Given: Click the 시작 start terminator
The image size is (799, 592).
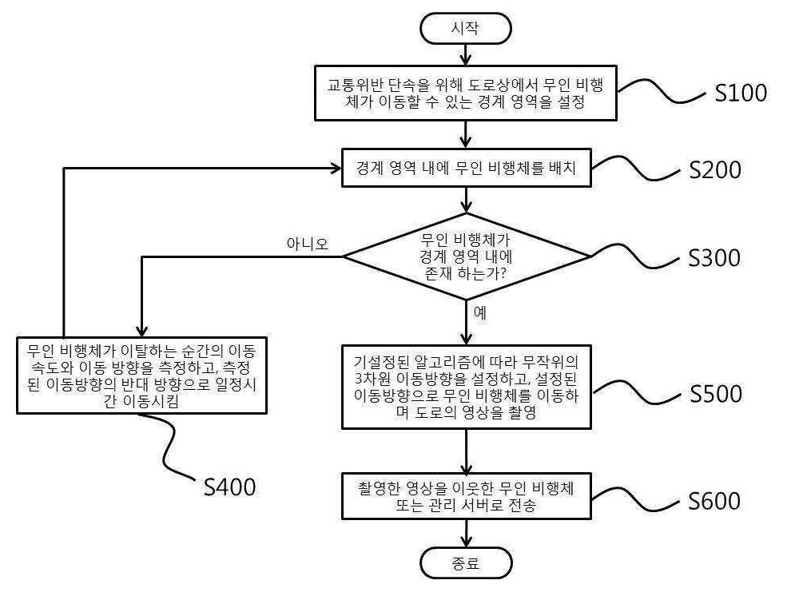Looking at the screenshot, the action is [465, 29].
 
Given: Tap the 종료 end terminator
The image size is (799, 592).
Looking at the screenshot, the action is [466, 563].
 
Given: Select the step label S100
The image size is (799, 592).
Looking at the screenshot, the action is [741, 93].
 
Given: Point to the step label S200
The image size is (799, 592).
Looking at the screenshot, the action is [715, 169].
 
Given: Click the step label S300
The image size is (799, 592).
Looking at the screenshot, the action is [714, 258].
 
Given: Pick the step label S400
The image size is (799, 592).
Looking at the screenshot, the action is [229, 487].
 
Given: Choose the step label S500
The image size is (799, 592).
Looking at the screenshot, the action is [716, 393].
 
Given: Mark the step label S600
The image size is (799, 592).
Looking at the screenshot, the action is [714, 501].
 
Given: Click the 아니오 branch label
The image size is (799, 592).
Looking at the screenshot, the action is [308, 244].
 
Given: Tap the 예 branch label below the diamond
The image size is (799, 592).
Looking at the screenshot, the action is [480, 312].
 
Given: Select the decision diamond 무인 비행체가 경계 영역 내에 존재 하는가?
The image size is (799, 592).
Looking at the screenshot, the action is [466, 256].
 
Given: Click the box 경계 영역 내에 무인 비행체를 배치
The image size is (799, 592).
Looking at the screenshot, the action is [467, 168].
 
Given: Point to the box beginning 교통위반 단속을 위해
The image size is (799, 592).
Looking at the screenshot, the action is [466, 93].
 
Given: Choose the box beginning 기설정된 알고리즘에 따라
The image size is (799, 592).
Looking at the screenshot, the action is [467, 387].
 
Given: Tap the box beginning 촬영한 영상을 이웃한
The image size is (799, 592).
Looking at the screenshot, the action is [467, 496].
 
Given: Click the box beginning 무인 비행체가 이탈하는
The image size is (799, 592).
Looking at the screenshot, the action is [141, 375].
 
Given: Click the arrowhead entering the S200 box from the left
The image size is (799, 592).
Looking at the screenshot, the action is [336, 168].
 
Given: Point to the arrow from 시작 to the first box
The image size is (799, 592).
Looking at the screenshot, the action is [465, 55].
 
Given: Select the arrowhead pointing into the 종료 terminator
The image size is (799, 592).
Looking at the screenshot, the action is [466, 542].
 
